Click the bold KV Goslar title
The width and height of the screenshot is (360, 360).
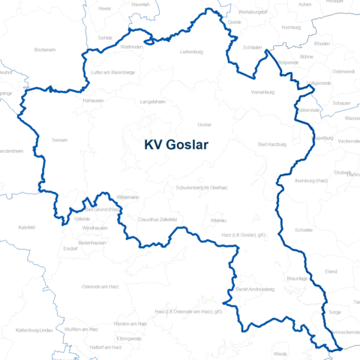pyautogui.click(x=176, y=145)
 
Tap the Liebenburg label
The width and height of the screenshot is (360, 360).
pyautogui.click(x=191, y=52)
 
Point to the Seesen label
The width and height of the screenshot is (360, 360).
pyautogui.click(x=60, y=139)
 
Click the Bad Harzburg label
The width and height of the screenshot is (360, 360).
pyautogui.click(x=272, y=143)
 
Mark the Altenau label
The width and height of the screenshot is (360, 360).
pyautogui.click(x=219, y=220)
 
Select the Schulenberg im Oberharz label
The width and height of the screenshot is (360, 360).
pyautogui.click(x=200, y=187)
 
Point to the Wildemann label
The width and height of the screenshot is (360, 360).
pyautogui.click(x=127, y=196)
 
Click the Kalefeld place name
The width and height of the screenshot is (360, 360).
pyautogui.click(x=26, y=226)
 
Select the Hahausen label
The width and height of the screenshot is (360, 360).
pyautogui.click(x=94, y=100)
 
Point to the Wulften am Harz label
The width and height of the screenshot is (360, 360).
pyautogui.click(x=81, y=329)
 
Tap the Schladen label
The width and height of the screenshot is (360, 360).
pyautogui.click(x=253, y=47)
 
